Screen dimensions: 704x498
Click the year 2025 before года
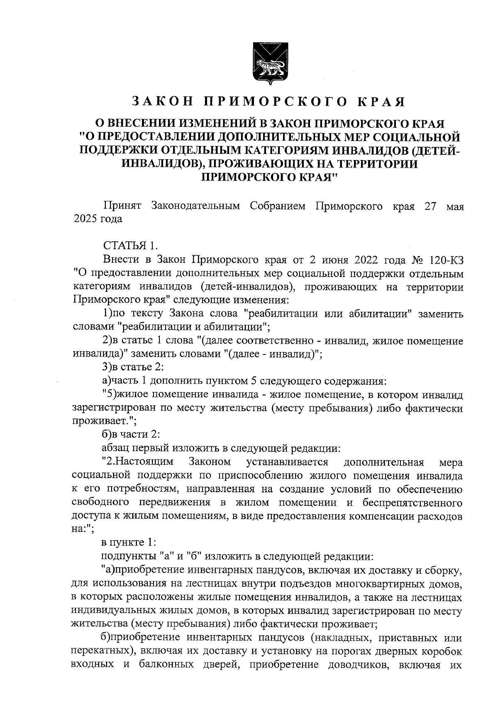(x=84, y=219)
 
